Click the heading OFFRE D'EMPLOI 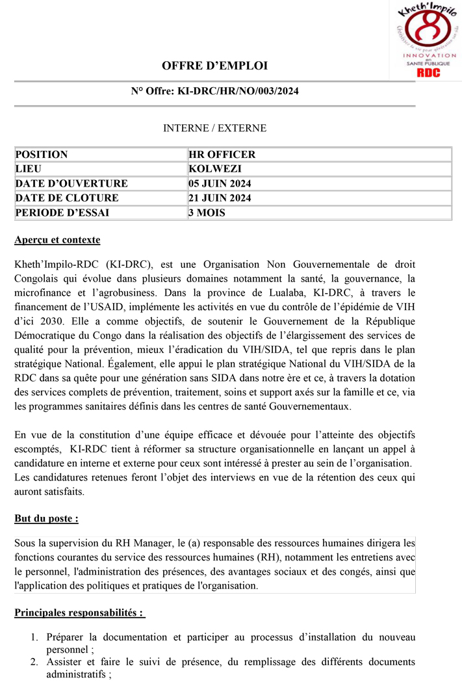pos(214,66)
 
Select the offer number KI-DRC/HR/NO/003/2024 pos(238,91)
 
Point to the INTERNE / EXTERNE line pos(214,128)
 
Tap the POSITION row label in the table pos(41,155)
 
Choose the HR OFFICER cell pos(222,155)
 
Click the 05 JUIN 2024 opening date pos(220,183)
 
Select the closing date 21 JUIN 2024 pos(220,198)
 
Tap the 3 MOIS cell pos(207,212)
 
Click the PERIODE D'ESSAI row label pos(62,212)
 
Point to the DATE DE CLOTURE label pos(66,198)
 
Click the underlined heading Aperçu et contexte pos(57,241)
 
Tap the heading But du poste pos(46,518)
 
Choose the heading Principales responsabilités pos(79,613)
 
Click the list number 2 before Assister pos(34,662)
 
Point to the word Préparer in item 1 pos(67,637)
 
